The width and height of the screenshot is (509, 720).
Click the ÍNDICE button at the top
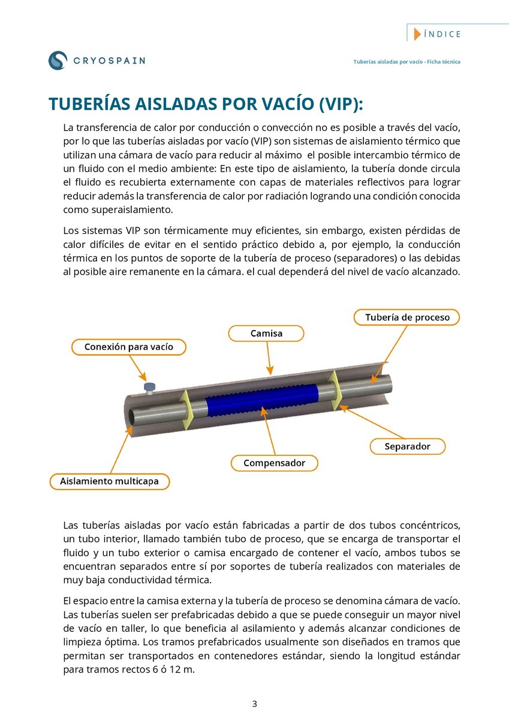pos(442,34)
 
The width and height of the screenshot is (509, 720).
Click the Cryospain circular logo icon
pos(58,60)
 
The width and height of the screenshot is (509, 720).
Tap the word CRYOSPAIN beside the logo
pos(109,60)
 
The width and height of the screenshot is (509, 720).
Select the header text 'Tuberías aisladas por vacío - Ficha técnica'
pos(406,62)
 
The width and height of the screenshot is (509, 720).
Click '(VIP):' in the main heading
pos(338,103)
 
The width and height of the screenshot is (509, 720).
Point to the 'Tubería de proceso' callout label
pos(407,317)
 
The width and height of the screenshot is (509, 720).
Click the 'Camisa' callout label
pos(266,333)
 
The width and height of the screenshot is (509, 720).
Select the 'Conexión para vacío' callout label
pos(128,347)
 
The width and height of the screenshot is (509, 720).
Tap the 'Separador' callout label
pos(407,446)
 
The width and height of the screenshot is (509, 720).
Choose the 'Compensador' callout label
pos(274,463)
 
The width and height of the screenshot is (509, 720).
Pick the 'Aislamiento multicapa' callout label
pos(109,481)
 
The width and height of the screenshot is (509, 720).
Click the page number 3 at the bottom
pos(254,704)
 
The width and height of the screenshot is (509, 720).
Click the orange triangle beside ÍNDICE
pos(417,34)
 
